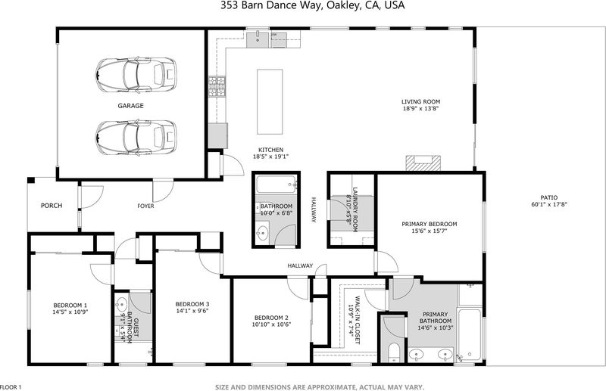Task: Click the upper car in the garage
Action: coord(136,75)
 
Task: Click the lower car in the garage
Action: coord(136,137)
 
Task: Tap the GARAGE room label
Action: coord(130,106)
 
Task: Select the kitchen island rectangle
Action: coord(270,102)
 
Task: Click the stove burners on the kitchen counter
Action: coord(217,86)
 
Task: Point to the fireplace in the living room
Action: coord(423,163)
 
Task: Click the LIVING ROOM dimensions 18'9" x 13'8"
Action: coord(421,108)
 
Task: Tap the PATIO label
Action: coord(548,197)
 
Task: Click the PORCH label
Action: coord(52,206)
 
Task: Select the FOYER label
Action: coord(145,206)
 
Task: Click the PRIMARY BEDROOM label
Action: coord(430,224)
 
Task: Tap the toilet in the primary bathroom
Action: coord(393,353)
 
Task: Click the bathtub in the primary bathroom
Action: coord(469,334)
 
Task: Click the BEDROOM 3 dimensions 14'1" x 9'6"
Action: coord(192,311)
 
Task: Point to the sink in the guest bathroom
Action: coord(121,305)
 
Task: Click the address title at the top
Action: coord(313,5)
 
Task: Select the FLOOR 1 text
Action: coord(11,387)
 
